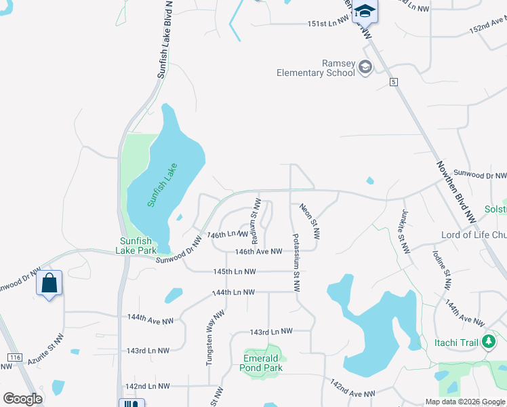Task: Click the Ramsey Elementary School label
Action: [316, 67]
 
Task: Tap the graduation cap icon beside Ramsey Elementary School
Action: [366, 66]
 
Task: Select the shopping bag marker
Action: [50, 283]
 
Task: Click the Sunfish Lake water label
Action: [162, 185]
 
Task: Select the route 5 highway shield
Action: [393, 82]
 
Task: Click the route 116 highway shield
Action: [15, 357]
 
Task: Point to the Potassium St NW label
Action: [296, 262]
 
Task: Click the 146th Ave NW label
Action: [258, 252]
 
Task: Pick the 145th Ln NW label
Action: [234, 272]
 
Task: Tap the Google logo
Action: [23, 399]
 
